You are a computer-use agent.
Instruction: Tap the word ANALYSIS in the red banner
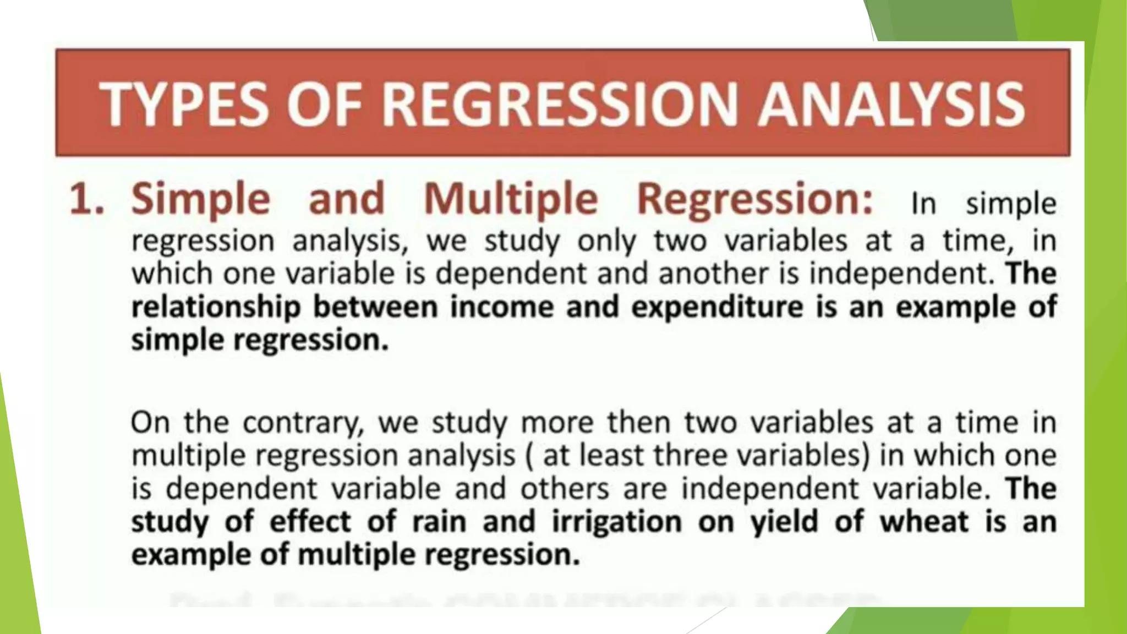pos(891,105)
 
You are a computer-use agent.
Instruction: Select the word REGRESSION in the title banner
pos(559,105)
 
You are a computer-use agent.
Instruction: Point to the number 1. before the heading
pos(87,199)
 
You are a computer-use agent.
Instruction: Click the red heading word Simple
pos(201,199)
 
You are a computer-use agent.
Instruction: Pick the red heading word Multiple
pos(511,199)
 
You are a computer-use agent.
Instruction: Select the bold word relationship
pos(216,307)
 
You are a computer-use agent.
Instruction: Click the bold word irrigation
pos(616,521)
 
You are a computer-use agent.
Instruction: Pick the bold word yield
pos(784,521)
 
